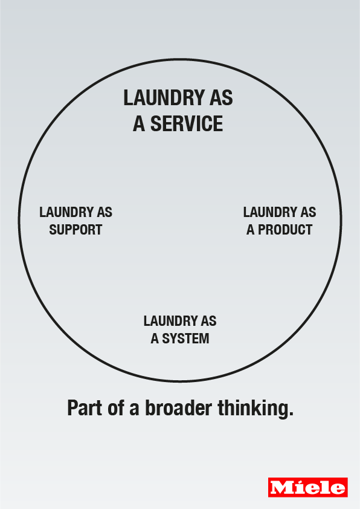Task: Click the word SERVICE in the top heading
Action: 187,124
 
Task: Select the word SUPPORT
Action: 76,230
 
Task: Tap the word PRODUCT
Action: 285,230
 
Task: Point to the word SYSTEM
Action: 185,339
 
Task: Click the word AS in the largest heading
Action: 222,98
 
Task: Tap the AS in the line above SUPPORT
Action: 104,212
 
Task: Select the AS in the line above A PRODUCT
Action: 309,212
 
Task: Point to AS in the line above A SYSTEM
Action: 209,321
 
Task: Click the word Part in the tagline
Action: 85,408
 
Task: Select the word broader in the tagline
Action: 178,408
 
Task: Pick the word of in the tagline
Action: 116,408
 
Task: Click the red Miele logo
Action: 308,487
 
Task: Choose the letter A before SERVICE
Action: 139,124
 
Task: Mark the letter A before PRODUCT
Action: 251,230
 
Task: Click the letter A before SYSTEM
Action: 155,339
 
